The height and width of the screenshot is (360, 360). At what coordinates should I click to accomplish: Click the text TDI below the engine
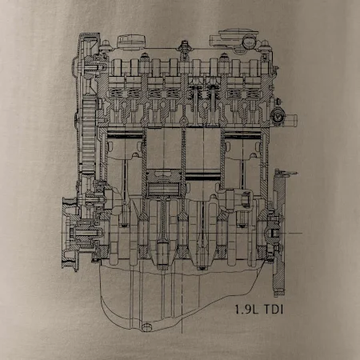[274, 310]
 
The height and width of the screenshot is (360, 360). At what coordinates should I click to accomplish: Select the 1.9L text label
[246, 310]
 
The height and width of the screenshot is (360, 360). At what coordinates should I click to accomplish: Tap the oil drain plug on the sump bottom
[146, 327]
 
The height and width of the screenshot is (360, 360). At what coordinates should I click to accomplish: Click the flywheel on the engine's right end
[279, 233]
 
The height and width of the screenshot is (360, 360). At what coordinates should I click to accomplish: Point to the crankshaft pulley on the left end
[70, 234]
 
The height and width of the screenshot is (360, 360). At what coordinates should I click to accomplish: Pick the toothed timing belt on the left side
[89, 135]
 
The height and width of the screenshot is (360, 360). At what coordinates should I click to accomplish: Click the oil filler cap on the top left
[132, 42]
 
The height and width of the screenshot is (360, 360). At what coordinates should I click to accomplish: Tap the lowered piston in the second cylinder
[163, 182]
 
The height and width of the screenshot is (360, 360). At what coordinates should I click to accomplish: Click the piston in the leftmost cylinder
[125, 146]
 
